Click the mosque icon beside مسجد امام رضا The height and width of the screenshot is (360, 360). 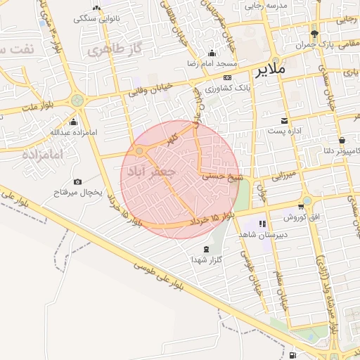212,53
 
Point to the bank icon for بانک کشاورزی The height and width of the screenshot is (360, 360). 226,77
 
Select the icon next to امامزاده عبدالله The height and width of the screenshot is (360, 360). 74,122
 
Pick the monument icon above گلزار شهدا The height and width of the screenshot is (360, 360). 206,250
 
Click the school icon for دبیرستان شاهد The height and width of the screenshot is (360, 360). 262,224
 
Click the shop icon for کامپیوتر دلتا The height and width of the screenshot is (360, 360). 341,140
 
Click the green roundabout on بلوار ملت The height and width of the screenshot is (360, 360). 77,101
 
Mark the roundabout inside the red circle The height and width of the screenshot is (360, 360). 140,150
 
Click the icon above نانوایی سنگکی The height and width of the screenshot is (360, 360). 96,8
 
